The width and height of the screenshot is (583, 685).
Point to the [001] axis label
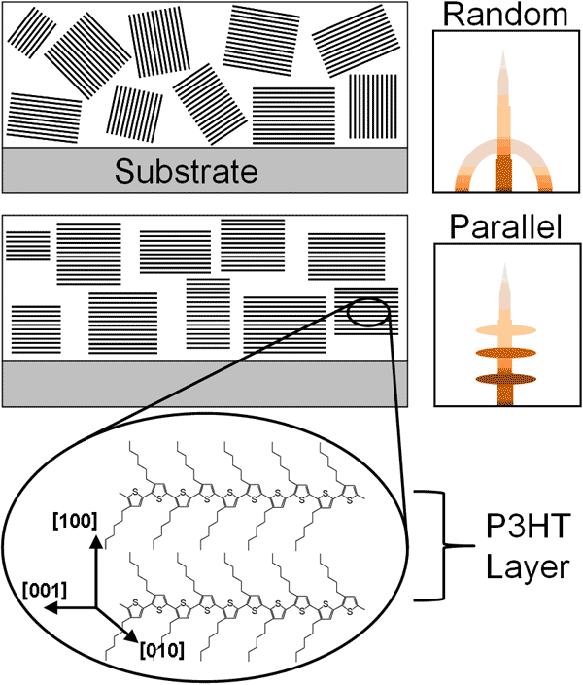tap(44, 589)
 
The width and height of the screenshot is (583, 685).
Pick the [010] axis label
tap(161, 646)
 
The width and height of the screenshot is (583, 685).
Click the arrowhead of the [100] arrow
tap(95, 540)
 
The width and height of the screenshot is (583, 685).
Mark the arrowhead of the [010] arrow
tap(133, 640)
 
